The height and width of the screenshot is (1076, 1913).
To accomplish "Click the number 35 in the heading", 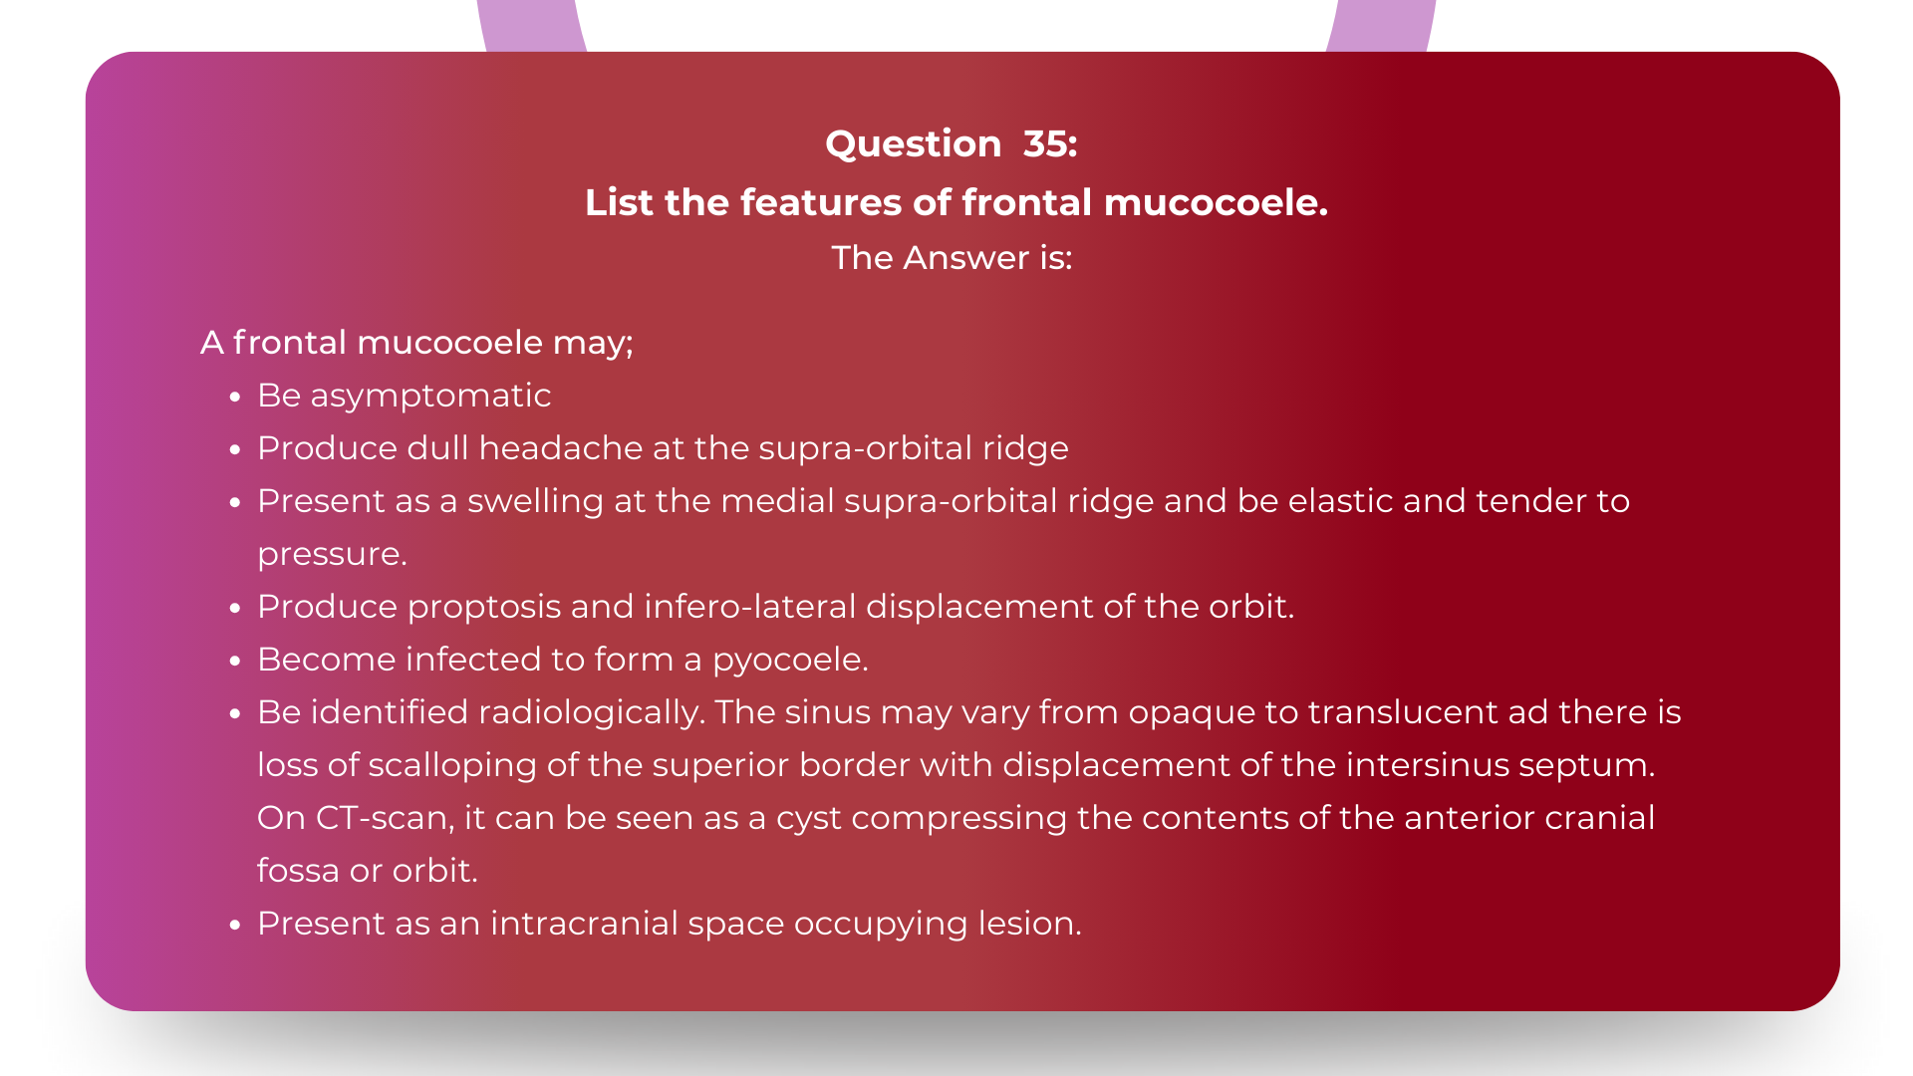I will click(1050, 144).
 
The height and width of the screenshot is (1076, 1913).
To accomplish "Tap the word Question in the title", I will click(913, 144).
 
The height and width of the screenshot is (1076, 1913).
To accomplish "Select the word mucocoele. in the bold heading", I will click(1216, 203).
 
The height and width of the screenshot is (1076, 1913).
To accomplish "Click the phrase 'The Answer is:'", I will click(952, 258).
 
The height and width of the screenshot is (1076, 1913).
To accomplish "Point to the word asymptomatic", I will click(430, 397).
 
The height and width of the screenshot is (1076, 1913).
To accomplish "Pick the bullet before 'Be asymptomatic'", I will click(235, 398).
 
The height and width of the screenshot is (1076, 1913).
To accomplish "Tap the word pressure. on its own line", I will click(332, 554).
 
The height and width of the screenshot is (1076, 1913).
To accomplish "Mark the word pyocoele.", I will click(790, 661).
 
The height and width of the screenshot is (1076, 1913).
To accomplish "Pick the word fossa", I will click(298, 871).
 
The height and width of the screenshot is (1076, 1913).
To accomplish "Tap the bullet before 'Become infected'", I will click(235, 662).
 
